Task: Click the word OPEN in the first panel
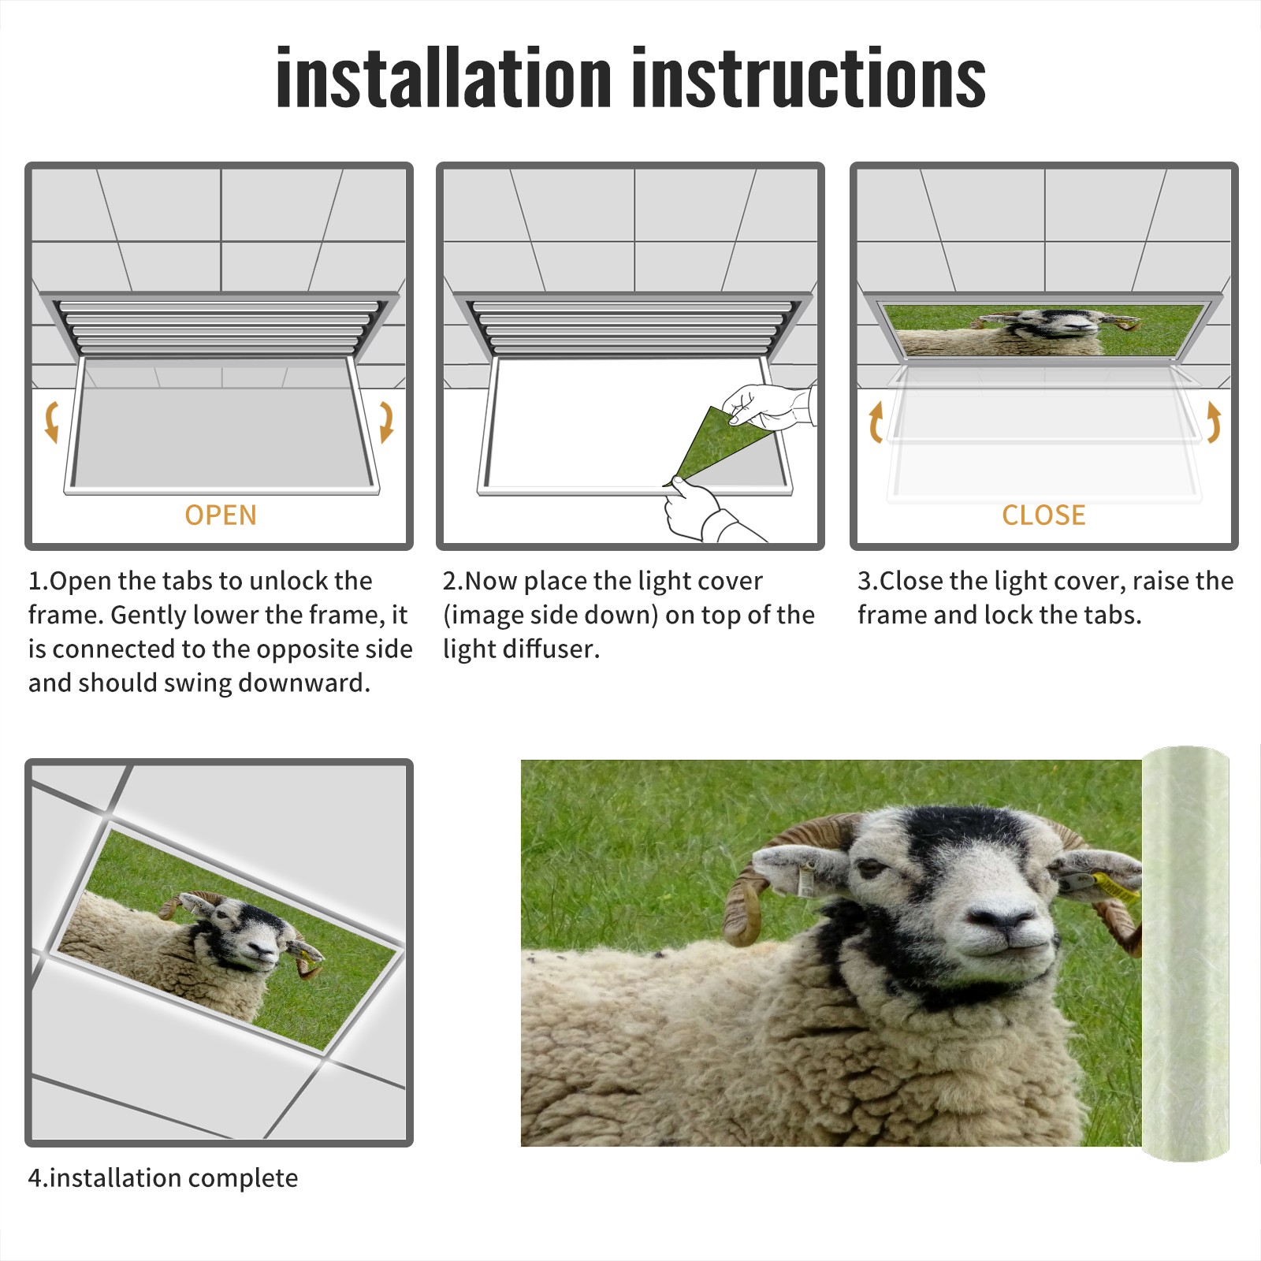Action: click(x=221, y=515)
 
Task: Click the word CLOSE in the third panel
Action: click(x=1043, y=515)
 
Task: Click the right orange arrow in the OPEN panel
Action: click(x=386, y=422)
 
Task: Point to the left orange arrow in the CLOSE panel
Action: click(x=875, y=422)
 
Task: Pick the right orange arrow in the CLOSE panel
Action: click(x=1214, y=422)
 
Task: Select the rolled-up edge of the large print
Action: click(x=1185, y=954)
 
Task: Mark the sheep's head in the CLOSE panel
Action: click(x=1052, y=323)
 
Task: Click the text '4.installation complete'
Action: click(x=163, y=1177)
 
